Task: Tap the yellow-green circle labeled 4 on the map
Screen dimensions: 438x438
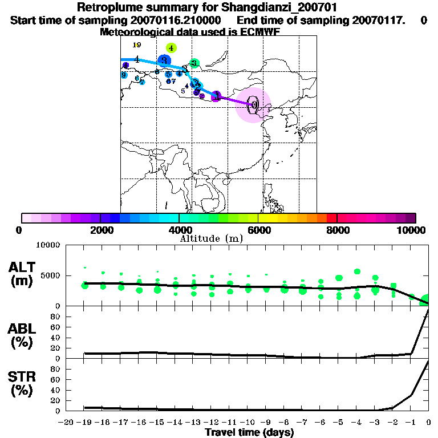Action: click(171, 48)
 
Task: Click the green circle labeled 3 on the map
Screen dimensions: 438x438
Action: click(194, 63)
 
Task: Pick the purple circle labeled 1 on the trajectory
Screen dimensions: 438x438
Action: click(216, 96)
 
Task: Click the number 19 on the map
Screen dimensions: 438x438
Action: click(136, 44)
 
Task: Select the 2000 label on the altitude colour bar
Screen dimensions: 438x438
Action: click(100, 230)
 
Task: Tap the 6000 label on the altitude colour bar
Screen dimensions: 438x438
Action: click(258, 230)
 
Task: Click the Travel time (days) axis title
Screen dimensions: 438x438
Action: click(249, 432)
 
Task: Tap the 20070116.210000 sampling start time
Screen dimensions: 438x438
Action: click(172, 20)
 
